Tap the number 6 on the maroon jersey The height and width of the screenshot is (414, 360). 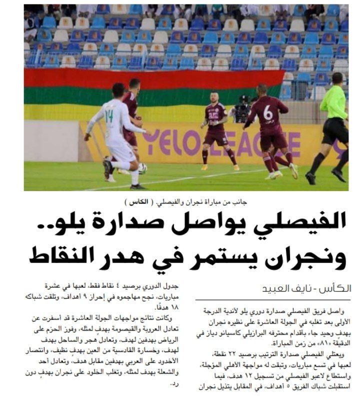tap(268, 113)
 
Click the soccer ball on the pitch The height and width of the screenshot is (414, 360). tap(142, 168)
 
